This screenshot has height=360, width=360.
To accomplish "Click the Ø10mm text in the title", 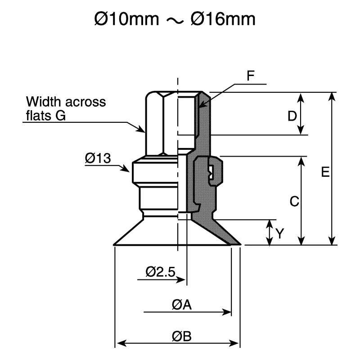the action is click(126, 19).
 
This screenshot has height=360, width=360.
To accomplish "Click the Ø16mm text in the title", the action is click(223, 19).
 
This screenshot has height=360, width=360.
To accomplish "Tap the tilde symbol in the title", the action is click(175, 21).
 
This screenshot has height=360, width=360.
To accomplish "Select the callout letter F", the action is click(251, 76).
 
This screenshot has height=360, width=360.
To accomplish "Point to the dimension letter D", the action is click(292, 116).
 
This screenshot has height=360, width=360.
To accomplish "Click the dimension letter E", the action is click(325, 172).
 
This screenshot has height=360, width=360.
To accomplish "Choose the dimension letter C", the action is click(294, 201).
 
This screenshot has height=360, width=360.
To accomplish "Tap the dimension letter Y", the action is click(280, 234).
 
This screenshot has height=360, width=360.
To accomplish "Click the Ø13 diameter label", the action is click(98, 158).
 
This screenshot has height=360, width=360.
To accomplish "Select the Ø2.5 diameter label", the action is click(160, 272).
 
